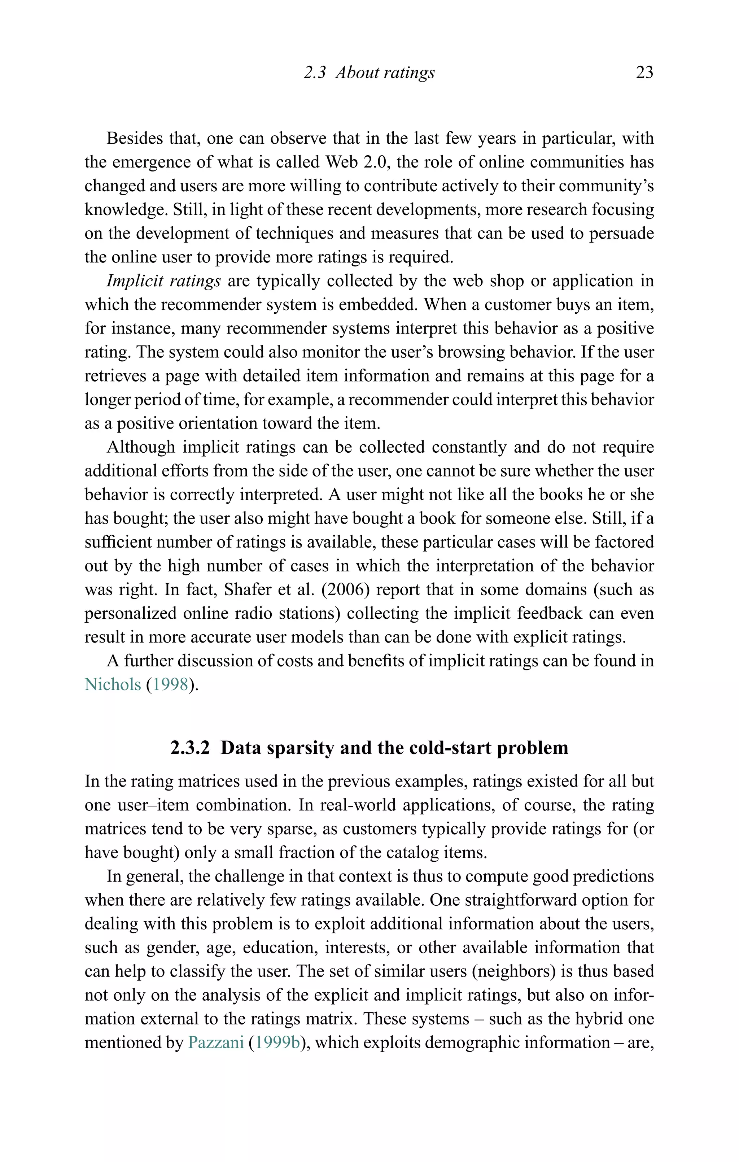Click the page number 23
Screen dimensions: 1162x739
[644, 73]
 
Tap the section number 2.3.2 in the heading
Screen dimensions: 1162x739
[190, 748]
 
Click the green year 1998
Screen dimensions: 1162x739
[170, 684]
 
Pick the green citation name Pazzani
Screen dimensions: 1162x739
[216, 1042]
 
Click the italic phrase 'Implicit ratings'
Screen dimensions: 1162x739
[163, 281]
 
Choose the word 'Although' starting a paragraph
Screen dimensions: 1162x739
[140, 447]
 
